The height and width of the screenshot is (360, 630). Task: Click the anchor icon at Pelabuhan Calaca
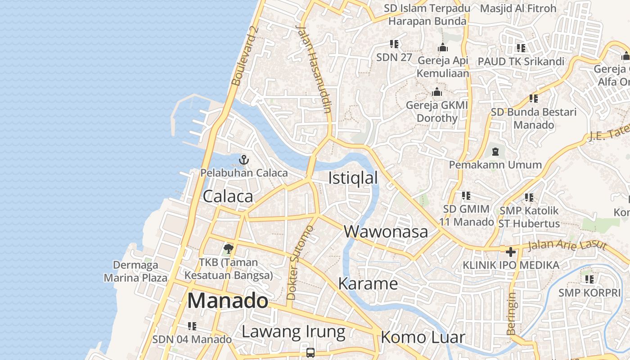point(243,159)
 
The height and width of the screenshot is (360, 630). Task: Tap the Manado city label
point(227,301)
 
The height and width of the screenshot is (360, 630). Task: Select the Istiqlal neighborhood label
point(353,178)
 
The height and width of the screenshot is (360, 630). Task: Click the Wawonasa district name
point(386,231)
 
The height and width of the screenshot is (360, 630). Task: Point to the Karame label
point(368,283)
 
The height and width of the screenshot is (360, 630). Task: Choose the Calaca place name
point(228,196)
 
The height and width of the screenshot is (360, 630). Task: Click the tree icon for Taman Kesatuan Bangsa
point(229,248)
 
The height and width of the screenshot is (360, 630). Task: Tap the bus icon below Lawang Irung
point(310,352)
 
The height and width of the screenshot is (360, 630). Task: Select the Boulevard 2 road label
point(245,56)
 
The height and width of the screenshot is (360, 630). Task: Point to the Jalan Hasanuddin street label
point(314,67)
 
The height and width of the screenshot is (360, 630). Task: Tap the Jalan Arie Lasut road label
point(567,246)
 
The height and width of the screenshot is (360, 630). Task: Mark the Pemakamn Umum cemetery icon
point(495,151)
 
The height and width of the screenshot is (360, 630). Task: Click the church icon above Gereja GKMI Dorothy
point(436,92)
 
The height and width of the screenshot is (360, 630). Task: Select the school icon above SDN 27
point(394,44)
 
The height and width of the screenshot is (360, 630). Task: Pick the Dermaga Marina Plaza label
point(135,271)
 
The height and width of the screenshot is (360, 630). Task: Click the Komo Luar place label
point(423,337)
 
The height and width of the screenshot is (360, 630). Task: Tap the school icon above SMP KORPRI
point(589,279)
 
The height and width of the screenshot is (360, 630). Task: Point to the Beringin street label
point(511,314)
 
